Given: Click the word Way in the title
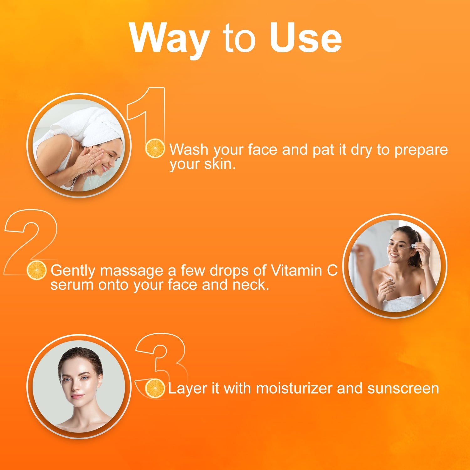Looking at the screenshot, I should tap(169, 39).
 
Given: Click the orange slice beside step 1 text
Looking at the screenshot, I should tap(155, 148).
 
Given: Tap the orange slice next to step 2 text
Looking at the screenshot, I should tap(36, 270).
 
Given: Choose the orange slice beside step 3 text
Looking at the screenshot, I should tap(155, 388).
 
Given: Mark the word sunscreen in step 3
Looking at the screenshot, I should tap(403, 389).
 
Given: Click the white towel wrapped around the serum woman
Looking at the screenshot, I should tap(404, 302).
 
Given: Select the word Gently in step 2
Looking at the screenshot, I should tap(72, 271).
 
